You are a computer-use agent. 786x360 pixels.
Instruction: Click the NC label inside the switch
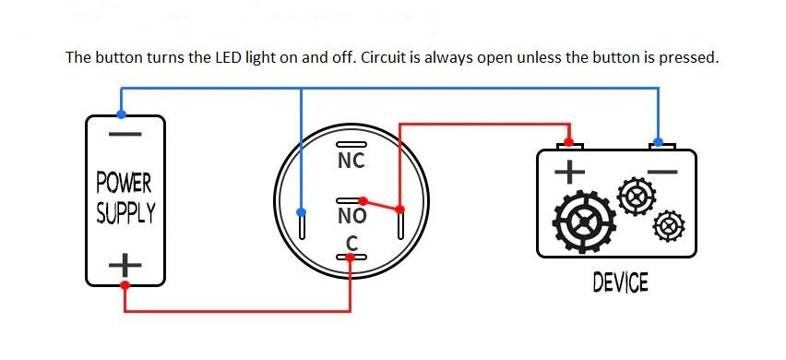(x=351, y=161)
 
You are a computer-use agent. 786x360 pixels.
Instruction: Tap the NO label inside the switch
(x=351, y=217)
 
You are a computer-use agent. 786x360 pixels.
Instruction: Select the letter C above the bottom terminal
(x=351, y=242)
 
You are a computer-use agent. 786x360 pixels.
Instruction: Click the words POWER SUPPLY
(x=125, y=197)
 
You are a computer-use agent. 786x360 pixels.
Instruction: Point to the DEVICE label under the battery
(x=620, y=282)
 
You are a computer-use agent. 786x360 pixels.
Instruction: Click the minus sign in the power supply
(x=125, y=135)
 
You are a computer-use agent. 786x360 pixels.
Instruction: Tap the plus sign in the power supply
(x=125, y=266)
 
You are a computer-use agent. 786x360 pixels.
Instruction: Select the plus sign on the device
(x=569, y=172)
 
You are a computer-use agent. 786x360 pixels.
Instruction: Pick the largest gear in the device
(x=584, y=222)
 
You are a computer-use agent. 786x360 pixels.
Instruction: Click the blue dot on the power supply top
(x=122, y=114)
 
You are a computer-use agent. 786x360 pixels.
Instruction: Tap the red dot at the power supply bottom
(x=125, y=285)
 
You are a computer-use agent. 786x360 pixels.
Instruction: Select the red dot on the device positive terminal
(x=569, y=142)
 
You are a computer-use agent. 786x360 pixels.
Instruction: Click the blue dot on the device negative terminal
(x=658, y=143)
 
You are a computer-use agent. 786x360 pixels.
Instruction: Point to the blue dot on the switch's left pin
(x=301, y=212)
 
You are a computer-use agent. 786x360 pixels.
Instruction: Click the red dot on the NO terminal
(x=363, y=200)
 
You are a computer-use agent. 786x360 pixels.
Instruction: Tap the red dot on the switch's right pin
(x=399, y=209)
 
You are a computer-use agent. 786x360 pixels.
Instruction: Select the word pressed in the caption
(x=690, y=57)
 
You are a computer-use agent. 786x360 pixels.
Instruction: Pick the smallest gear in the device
(x=666, y=225)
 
